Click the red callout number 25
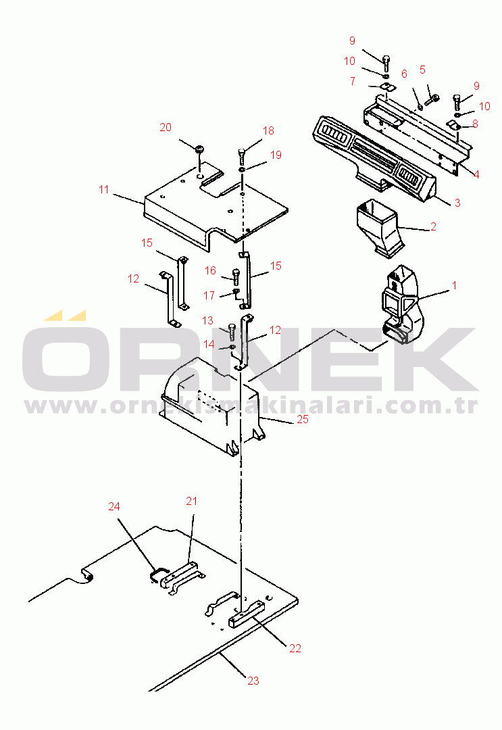click(303, 420)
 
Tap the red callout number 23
click(253, 681)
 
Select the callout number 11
click(104, 189)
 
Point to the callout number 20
click(166, 127)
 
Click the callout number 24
click(114, 506)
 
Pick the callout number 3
click(457, 203)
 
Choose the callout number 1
click(455, 285)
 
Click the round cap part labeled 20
click(199, 149)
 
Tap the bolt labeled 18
click(242, 155)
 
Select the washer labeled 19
click(243, 170)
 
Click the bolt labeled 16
click(236, 276)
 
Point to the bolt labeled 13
click(232, 333)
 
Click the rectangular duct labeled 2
click(379, 227)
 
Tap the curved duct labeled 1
click(401, 305)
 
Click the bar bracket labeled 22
click(246, 614)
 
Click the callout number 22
click(295, 648)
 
